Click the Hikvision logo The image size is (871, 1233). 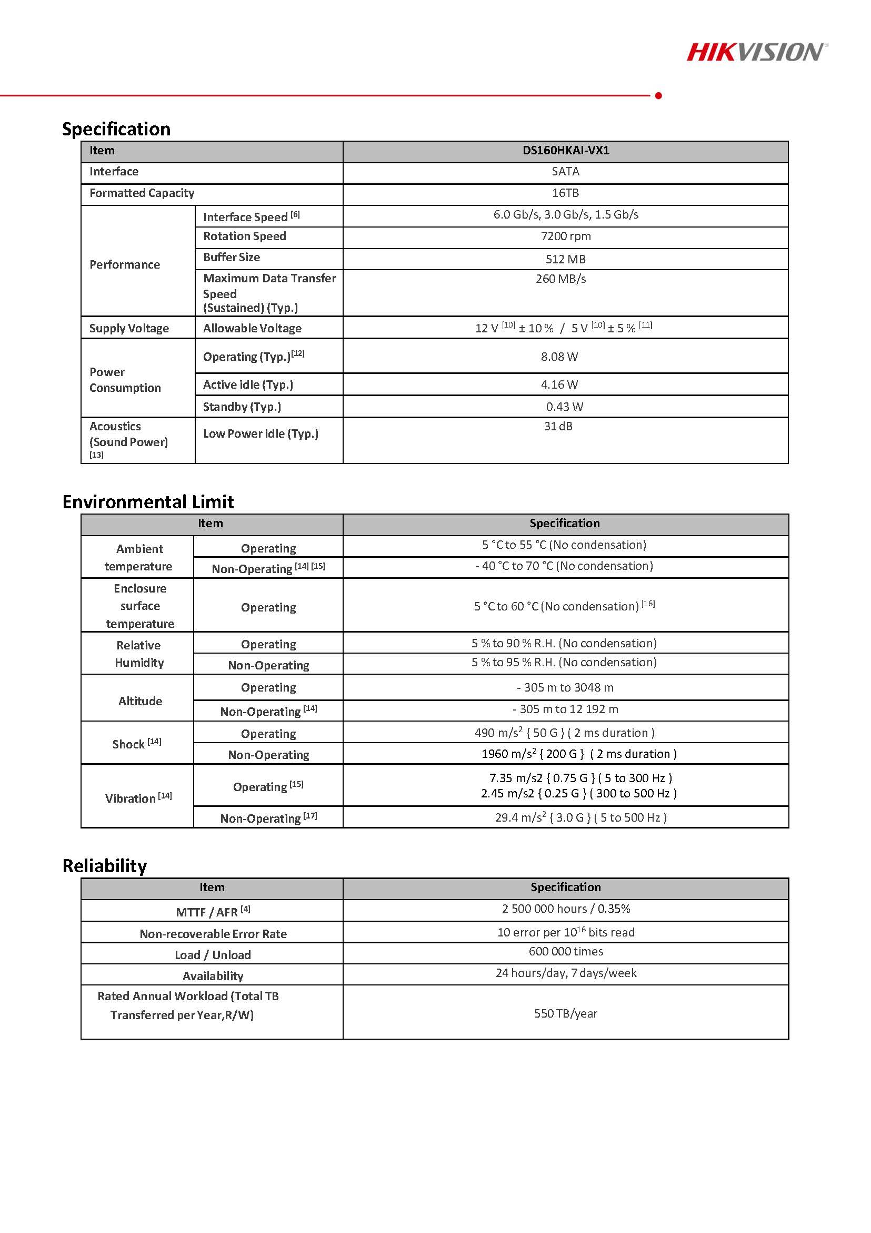tap(757, 52)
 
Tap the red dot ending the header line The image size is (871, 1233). tap(658, 95)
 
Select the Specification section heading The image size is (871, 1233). tap(116, 129)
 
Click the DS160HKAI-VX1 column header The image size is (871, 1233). tap(566, 150)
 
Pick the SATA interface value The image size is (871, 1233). tap(565, 171)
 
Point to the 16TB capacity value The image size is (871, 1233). tap(565, 193)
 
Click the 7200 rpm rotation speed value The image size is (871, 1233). tap(565, 236)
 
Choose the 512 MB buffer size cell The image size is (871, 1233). tap(565, 259)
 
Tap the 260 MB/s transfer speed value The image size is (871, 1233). tap(560, 279)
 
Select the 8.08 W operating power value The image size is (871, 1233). tap(559, 357)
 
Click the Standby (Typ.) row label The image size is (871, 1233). tap(242, 407)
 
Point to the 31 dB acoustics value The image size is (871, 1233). tap(558, 426)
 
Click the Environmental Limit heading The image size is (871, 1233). tap(148, 501)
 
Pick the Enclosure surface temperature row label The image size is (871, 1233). tap(139, 606)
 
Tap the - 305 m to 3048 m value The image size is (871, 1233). tap(565, 687)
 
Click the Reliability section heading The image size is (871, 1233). tap(105, 866)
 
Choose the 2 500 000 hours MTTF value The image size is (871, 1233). tap(566, 909)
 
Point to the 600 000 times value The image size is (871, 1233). tap(566, 951)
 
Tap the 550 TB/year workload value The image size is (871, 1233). tap(565, 1013)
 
